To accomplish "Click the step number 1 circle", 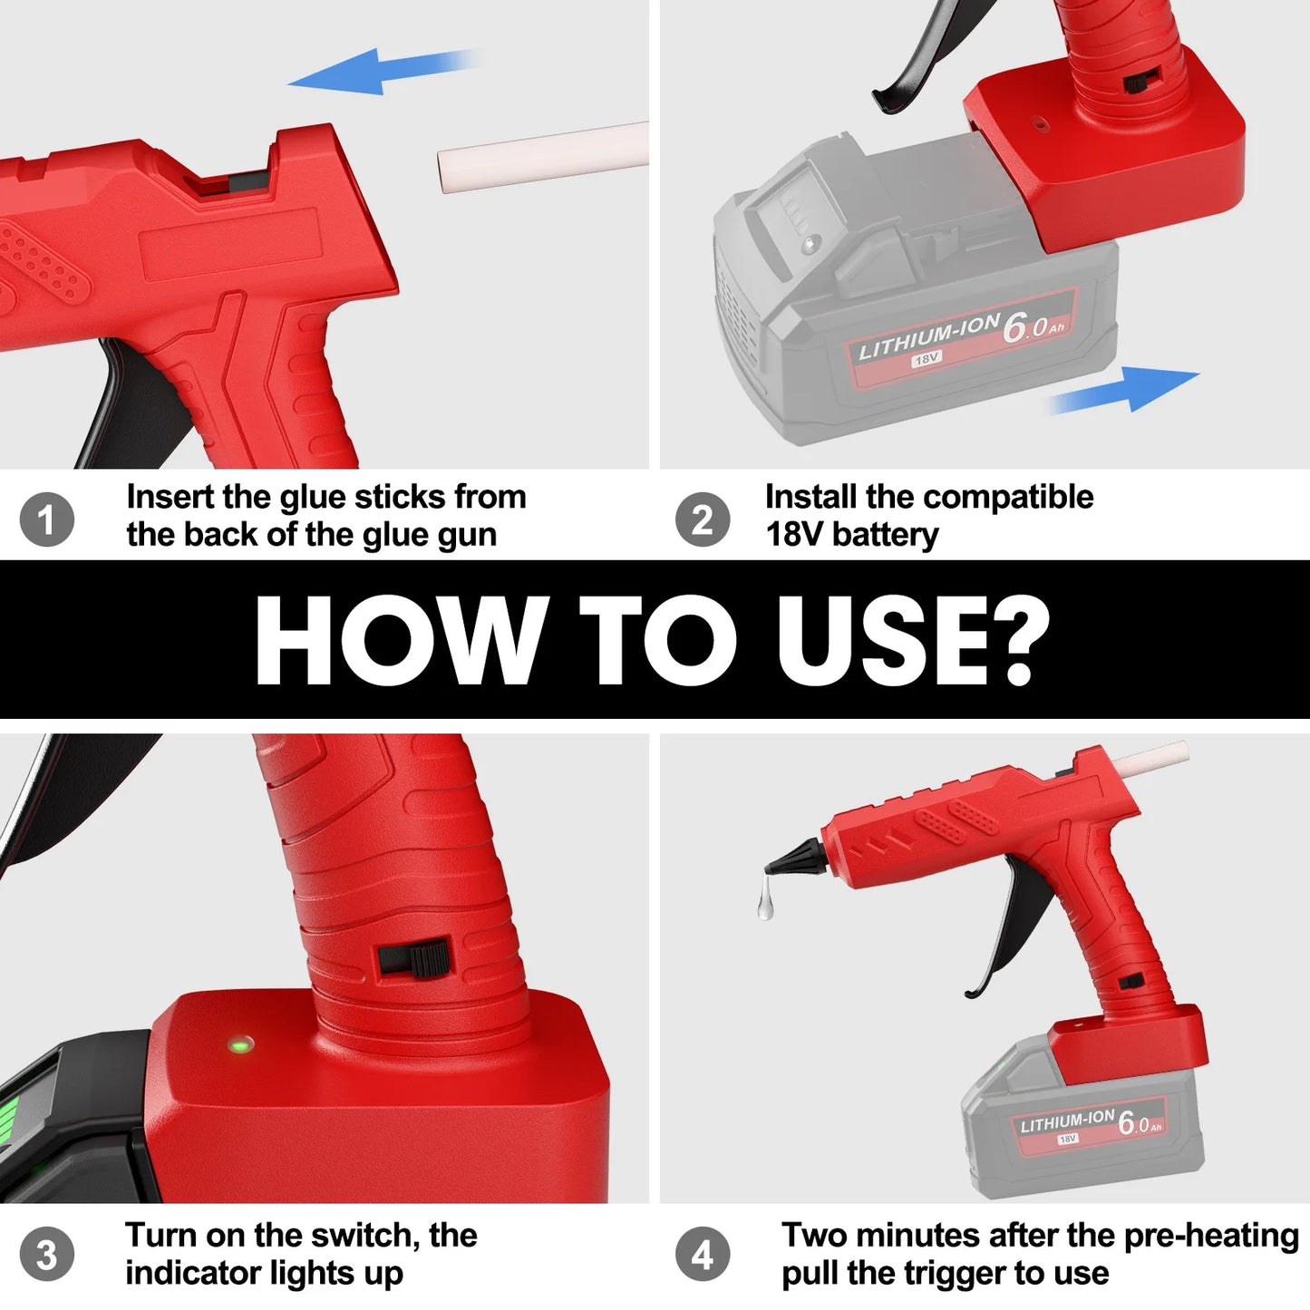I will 46,519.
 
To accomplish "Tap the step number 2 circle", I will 702,519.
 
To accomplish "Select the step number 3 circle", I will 46,1256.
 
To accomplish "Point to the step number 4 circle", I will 702,1256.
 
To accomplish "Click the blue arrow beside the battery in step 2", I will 1129,389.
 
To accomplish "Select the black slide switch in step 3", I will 414,958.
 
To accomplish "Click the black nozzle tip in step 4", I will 791,858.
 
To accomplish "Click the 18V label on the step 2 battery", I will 926,359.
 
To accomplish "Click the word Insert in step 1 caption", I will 170,497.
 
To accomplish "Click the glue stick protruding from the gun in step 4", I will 1150,760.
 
